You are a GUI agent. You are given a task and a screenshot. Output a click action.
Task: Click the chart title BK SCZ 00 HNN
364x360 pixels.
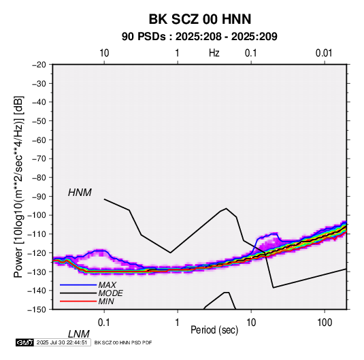pyautogui.click(x=199, y=19)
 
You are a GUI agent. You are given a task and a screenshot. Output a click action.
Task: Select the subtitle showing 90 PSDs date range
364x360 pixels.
pyautogui.click(x=199, y=37)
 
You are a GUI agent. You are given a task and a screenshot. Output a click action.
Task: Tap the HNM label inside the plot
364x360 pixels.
pyautogui.click(x=80, y=193)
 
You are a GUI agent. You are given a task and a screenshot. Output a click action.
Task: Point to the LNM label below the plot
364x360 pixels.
pyautogui.click(x=78, y=334)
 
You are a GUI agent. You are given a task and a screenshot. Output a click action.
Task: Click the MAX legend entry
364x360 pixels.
pyautogui.click(x=107, y=285)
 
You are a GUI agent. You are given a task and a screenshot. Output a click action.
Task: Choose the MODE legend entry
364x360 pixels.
pyautogui.click(x=110, y=293)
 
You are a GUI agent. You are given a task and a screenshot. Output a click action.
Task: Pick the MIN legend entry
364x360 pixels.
pyautogui.click(x=106, y=301)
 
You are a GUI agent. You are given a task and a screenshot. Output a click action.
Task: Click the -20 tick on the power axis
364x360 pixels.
pyautogui.click(x=39, y=65)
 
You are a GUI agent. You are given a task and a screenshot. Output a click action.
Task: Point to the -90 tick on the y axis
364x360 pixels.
pyautogui.click(x=39, y=196)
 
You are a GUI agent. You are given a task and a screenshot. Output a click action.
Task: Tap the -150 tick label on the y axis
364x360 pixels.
pyautogui.click(x=37, y=310)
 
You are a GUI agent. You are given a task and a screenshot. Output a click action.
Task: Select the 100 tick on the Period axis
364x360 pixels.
pyautogui.click(x=325, y=322)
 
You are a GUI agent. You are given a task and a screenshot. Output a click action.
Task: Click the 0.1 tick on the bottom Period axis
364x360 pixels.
pyautogui.click(x=104, y=322)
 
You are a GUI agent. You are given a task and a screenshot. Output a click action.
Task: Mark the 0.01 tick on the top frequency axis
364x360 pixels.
pyautogui.click(x=324, y=53)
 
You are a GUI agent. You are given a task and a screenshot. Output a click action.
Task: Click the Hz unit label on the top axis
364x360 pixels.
pyautogui.click(x=214, y=53)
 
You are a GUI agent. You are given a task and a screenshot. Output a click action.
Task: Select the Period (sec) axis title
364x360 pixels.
pyautogui.click(x=214, y=330)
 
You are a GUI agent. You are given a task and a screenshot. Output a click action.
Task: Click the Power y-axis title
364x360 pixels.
pyautogui.click(x=18, y=187)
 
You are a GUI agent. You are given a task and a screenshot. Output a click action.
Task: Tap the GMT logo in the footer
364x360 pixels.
pyautogui.click(x=25, y=342)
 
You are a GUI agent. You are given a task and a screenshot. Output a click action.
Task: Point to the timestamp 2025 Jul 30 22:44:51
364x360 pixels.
pyautogui.click(x=62, y=342)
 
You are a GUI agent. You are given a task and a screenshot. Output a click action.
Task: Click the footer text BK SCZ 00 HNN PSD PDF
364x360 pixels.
pyautogui.click(x=123, y=342)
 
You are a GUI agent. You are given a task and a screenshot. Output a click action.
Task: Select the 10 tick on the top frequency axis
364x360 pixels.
pyautogui.click(x=104, y=53)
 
